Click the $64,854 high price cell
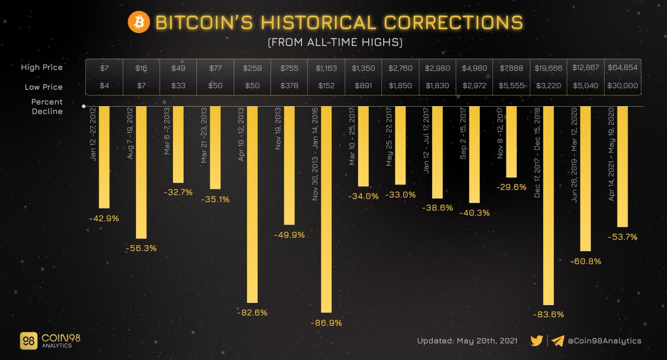pyautogui.click(x=622, y=68)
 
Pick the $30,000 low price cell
pyautogui.click(x=622, y=87)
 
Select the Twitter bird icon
pyautogui.click(x=536, y=341)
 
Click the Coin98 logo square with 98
pyautogui.click(x=28, y=341)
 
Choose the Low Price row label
pyautogui.click(x=44, y=87)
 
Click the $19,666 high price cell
pyautogui.click(x=548, y=68)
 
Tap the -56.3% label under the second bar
pyautogui.click(x=142, y=248)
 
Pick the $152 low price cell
pyautogui.click(x=326, y=87)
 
